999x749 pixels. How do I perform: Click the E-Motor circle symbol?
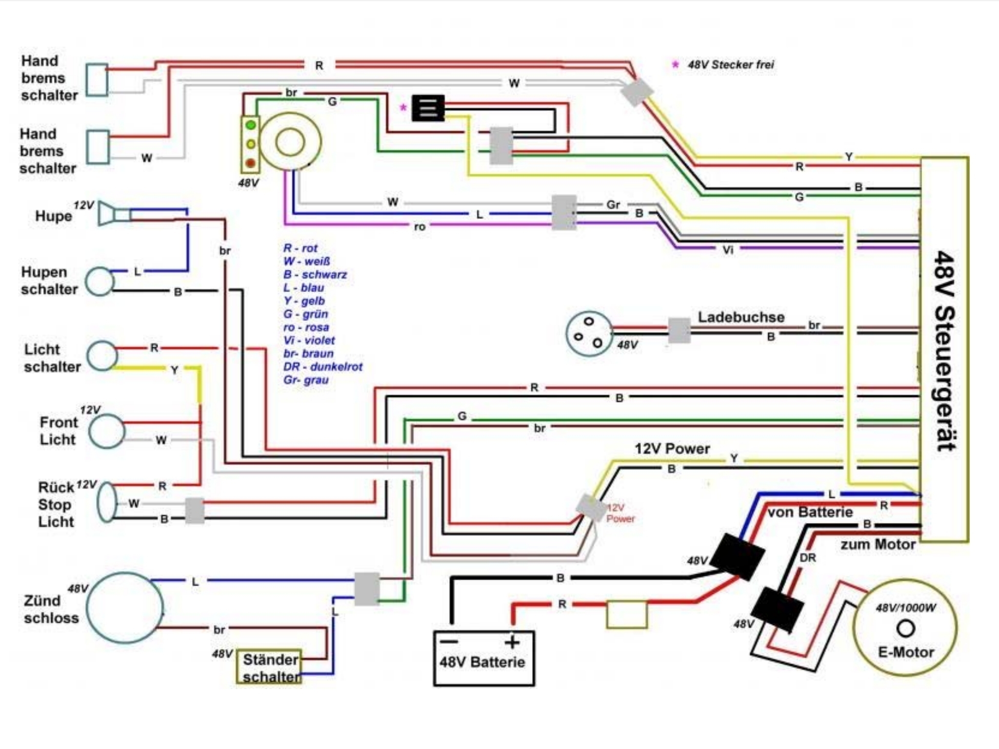[905, 628]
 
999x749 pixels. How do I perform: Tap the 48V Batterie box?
[483, 659]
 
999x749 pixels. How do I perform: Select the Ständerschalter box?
[270, 667]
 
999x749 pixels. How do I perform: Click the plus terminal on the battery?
[512, 642]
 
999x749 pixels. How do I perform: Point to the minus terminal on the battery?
[450, 642]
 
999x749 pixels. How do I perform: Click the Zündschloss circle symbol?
[125, 608]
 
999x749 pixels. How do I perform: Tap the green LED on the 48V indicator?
[251, 125]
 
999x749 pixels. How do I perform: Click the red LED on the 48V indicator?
[251, 163]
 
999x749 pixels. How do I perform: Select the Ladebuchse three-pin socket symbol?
[589, 334]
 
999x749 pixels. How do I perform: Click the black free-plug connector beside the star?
[428, 108]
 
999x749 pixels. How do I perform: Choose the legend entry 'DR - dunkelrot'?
[322, 367]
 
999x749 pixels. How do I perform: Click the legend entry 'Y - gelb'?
[304, 301]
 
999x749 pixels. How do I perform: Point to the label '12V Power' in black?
[672, 449]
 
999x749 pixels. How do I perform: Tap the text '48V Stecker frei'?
[730, 65]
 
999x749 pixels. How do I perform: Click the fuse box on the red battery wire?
[627, 614]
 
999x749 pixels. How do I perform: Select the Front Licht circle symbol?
[107, 431]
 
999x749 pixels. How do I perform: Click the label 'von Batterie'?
[810, 512]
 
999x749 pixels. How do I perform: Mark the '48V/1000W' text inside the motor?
[905, 608]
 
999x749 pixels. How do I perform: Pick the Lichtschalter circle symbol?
[102, 355]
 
